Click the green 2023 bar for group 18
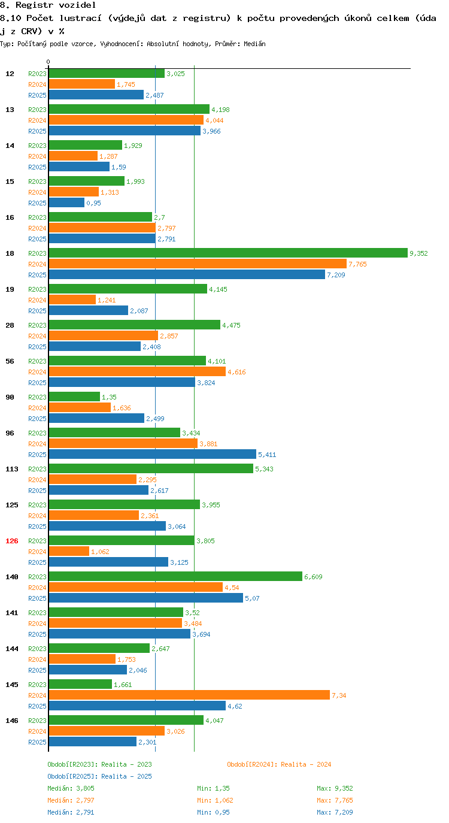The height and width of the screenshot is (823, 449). coord(228,253)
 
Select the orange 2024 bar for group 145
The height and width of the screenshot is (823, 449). coord(189,695)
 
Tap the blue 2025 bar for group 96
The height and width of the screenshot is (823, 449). coord(152,454)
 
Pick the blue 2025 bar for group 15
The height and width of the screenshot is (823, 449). coord(66,202)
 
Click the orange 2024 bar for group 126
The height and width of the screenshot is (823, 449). coord(69,551)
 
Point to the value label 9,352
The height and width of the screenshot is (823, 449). coord(418,253)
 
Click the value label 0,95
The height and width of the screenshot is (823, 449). coord(93,203)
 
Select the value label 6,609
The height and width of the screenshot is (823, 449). coord(313,577)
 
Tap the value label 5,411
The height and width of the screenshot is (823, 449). coord(267,455)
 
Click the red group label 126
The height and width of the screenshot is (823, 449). coord(12,541)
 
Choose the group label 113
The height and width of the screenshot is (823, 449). coord(12,469)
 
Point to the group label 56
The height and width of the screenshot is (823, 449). coord(10,361)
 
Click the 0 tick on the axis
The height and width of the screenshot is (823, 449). coord(48,62)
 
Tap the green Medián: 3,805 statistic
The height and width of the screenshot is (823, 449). coord(71,788)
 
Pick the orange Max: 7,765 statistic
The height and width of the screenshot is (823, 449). coord(335,800)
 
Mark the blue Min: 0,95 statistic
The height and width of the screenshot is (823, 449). coord(213,812)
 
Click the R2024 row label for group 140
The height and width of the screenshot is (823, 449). coord(38,588)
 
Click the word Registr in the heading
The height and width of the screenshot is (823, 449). coord(35,5)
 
